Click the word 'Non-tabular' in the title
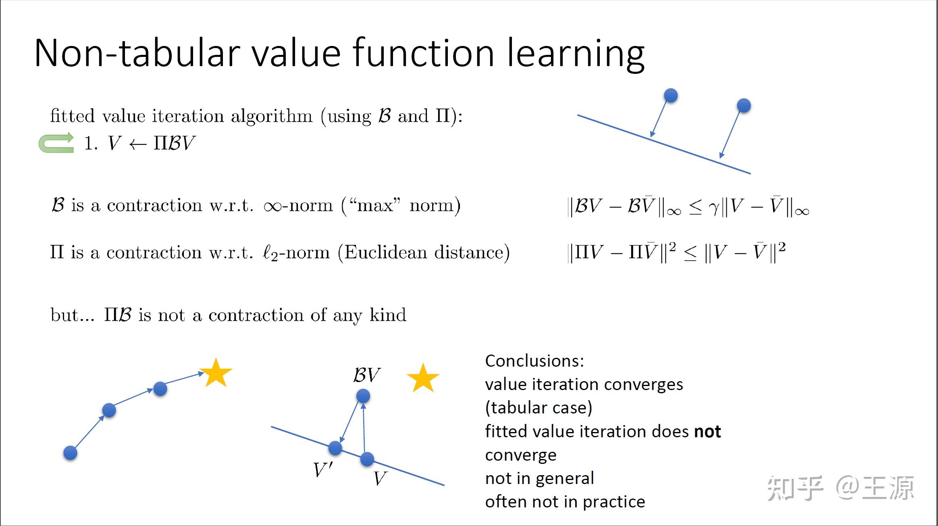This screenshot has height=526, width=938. pos(137,53)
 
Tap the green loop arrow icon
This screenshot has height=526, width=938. pos(56,143)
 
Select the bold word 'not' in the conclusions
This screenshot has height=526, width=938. pos(707,432)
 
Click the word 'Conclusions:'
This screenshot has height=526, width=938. pos(535,361)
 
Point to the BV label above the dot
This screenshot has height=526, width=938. pos(366,375)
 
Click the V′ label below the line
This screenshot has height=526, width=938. pos(323,470)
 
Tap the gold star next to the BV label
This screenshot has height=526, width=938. pos(423,378)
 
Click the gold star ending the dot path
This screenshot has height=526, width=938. pos(216,373)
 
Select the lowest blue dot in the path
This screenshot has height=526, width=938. pos(70,453)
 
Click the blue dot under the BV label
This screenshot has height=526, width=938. pos(363,396)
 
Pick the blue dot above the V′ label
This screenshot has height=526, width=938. pos(335,448)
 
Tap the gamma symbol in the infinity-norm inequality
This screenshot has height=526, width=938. pos(714,208)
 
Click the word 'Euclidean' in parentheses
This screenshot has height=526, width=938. pos(385,253)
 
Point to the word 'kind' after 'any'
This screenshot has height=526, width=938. pos(388,315)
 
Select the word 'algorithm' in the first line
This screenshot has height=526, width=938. pos(272,116)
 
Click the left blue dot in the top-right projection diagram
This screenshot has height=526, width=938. pos(671,96)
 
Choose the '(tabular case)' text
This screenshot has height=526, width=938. pos(539,408)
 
